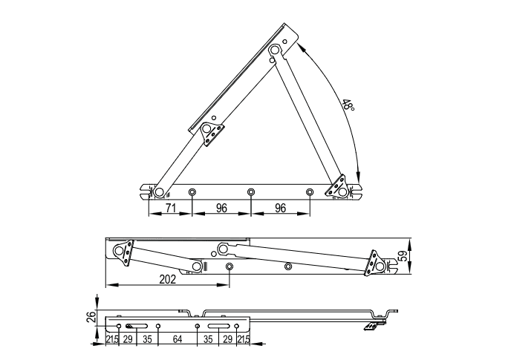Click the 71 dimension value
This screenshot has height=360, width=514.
170,208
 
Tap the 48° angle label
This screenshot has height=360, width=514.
348,105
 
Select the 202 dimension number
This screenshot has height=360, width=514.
168,279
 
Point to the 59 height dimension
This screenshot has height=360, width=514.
406,255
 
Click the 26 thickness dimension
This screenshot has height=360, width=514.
93,317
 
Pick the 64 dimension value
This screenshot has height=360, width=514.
177,339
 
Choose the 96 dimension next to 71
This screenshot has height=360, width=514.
221,208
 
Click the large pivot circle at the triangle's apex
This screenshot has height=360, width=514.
275,50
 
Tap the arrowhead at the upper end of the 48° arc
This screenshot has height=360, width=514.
302,47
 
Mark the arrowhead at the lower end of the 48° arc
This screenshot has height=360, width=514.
359,176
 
